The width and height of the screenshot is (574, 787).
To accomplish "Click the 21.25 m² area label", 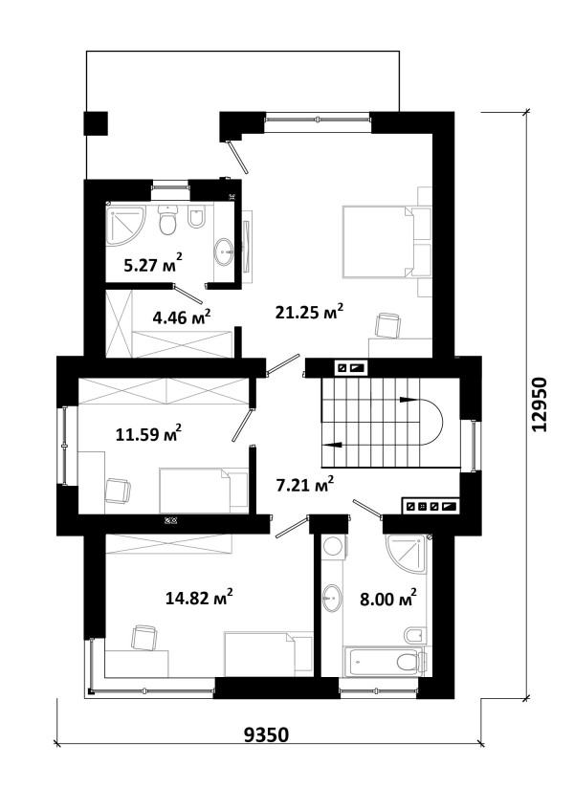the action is [x=309, y=312].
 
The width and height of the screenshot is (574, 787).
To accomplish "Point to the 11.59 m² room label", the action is [x=148, y=433].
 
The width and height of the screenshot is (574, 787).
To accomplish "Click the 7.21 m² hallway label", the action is [x=305, y=485].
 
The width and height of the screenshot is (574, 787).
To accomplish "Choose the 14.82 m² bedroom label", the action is [x=199, y=598].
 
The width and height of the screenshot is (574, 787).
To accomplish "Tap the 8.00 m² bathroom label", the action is [x=388, y=598].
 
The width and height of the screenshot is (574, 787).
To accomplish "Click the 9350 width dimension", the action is [x=267, y=734].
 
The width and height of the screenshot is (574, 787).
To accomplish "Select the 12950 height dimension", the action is [x=539, y=404].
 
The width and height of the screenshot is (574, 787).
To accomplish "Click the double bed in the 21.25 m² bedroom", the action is [x=387, y=241].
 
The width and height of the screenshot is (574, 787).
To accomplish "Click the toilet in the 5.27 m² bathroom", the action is [x=167, y=220].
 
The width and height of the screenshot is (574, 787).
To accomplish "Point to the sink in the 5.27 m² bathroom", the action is [x=224, y=250].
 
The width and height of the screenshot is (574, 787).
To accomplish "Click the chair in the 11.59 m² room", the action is [x=118, y=491].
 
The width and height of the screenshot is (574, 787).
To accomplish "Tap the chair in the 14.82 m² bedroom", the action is [x=144, y=638].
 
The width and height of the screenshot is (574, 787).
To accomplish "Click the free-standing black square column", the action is [x=96, y=123].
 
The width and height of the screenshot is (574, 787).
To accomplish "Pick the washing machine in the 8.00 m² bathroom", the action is [x=333, y=547].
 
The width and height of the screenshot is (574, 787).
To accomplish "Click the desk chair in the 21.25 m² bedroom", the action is [x=388, y=325].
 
